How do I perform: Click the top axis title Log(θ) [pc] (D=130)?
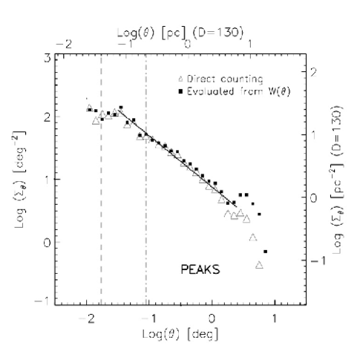point(180,35)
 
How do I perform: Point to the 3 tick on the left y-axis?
point(47,56)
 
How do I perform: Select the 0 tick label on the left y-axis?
point(47,242)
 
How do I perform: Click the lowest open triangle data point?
point(260,264)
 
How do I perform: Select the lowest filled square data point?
point(266,252)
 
